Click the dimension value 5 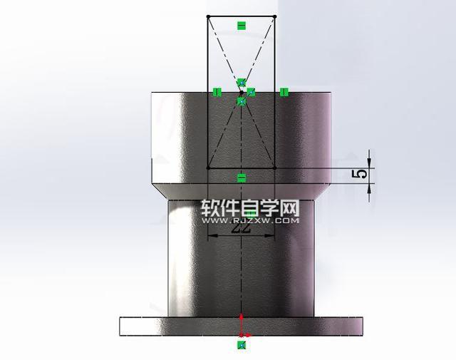point(362,173)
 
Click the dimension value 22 point(242,229)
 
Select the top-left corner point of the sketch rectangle point(207,16)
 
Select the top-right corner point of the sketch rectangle point(275,16)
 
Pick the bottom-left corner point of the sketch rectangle point(207,168)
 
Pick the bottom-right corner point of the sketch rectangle point(275,168)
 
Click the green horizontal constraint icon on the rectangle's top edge point(241,26)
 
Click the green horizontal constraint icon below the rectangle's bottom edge point(241,178)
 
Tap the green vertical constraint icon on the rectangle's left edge point(217,92)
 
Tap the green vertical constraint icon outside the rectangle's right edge point(284,92)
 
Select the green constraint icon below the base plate point(242,345)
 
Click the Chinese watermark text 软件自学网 point(249,208)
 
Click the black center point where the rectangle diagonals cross point(241,92)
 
